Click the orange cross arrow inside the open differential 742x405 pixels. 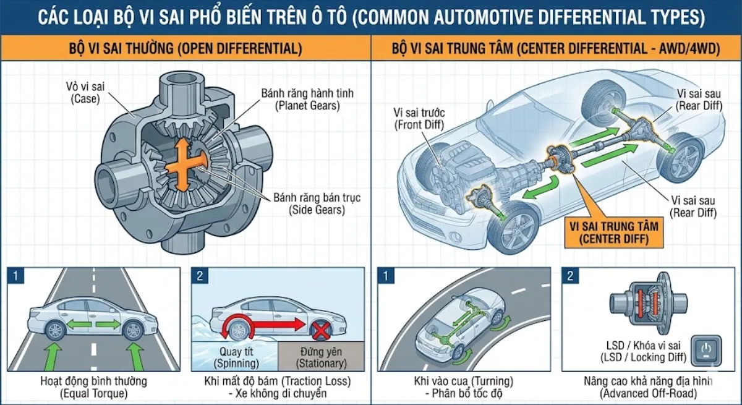[183, 164]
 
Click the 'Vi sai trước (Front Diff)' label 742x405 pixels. [419, 119]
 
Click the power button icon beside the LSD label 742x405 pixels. [706, 351]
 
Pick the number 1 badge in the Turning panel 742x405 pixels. [386, 275]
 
